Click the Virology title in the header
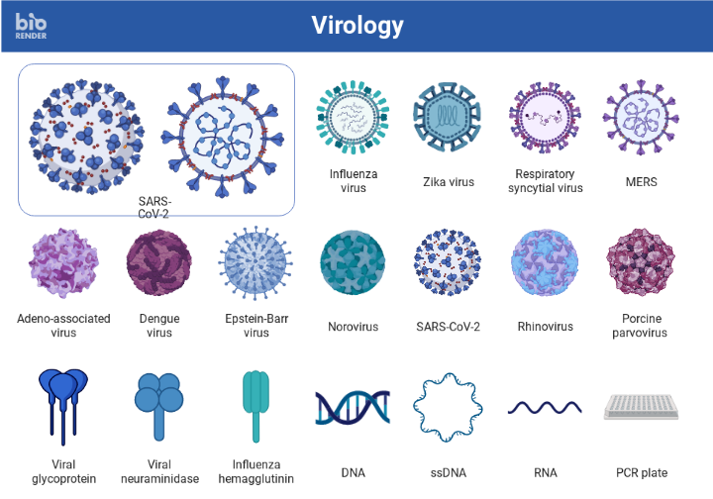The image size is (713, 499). (x=356, y=25)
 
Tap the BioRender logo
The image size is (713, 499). (x=31, y=26)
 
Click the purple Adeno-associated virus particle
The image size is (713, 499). (x=63, y=263)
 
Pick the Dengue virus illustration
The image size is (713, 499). (x=158, y=263)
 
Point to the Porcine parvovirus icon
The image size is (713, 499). (x=641, y=263)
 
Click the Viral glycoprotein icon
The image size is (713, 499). (x=63, y=402)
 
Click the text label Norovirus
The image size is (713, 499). (x=354, y=327)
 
